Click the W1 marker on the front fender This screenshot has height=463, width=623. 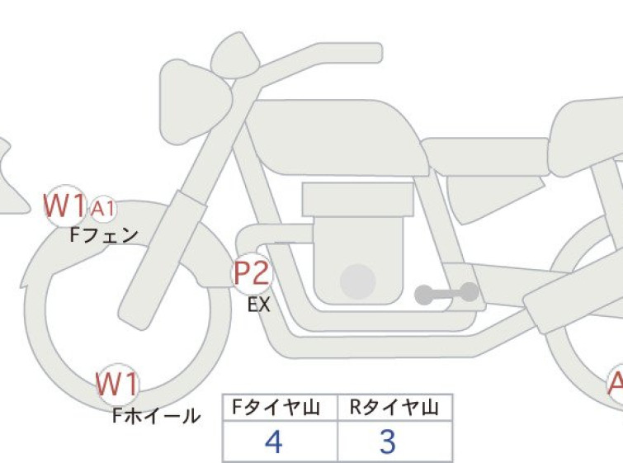point(64,206)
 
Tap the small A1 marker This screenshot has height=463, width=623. point(103,208)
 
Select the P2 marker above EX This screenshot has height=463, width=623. point(252,274)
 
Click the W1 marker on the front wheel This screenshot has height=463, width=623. point(118,385)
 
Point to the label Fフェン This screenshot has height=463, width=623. point(104,235)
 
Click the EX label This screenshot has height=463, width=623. point(258,305)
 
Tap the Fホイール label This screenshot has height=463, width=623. point(156,416)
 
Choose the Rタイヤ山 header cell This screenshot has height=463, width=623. point(394,408)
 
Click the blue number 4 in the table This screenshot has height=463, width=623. point(273,442)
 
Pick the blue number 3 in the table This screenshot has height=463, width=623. point(388,442)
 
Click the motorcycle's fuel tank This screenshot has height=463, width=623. point(337,137)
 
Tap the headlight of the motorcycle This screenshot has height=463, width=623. point(195,102)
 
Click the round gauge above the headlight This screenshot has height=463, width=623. point(235,55)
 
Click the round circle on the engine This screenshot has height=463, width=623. point(358,281)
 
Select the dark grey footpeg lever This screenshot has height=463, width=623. point(446,294)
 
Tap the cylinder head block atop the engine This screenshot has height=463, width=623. point(358,200)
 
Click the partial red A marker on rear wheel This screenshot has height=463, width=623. point(616,384)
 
